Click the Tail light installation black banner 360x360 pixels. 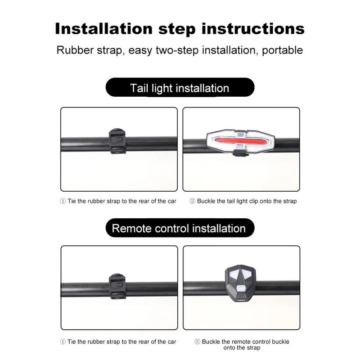tap(180, 87)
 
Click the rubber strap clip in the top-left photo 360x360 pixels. tap(117, 141)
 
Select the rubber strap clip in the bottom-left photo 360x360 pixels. tap(117, 286)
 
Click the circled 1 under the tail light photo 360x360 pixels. tap(63, 201)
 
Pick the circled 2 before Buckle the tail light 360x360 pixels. tap(192, 201)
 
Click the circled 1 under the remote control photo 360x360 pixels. tap(63, 342)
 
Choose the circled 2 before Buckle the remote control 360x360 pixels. tap(197, 342)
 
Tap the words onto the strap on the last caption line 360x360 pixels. tap(241, 348)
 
